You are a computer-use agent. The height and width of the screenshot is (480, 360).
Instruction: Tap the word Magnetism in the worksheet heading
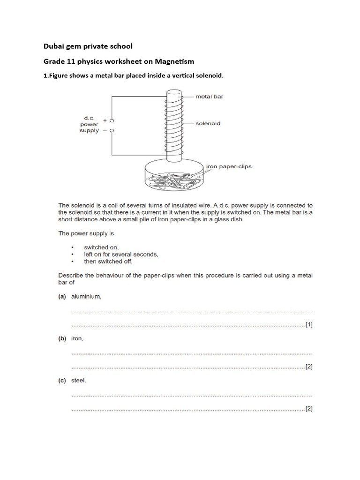point(174,61)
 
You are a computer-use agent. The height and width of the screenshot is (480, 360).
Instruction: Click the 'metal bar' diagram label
point(209,97)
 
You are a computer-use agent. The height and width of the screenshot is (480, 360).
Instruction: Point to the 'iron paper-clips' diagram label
point(229,166)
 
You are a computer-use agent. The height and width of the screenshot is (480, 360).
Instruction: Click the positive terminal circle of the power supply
point(112,120)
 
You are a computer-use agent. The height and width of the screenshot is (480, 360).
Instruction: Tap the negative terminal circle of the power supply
point(112,131)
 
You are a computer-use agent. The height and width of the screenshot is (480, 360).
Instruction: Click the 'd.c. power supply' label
point(89,125)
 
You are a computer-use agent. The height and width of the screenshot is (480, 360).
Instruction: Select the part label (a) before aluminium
point(62,297)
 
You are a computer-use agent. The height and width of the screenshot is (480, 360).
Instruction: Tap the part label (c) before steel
point(62,381)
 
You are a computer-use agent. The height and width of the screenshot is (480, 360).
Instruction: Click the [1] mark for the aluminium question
point(308,324)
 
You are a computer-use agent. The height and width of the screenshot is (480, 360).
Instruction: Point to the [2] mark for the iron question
point(308,367)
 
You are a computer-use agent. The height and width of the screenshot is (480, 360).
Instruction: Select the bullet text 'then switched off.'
point(108,262)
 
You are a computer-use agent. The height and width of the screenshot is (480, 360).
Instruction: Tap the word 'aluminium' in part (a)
point(86,297)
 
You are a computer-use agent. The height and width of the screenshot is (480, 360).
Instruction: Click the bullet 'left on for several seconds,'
point(121,255)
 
